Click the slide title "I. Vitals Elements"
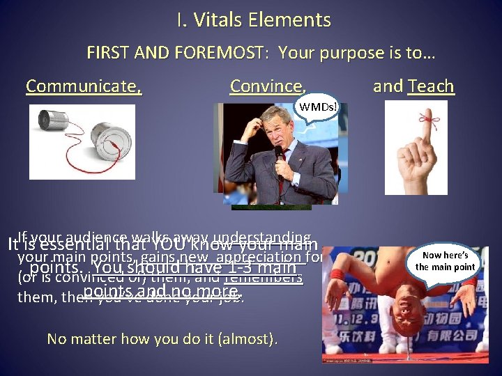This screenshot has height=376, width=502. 253,20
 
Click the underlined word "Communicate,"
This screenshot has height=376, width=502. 84,86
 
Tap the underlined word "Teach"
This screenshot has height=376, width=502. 431,86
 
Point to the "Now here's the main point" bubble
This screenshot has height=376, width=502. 445,261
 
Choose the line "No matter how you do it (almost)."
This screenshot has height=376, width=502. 162,339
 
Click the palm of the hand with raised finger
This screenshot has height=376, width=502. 416,167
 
